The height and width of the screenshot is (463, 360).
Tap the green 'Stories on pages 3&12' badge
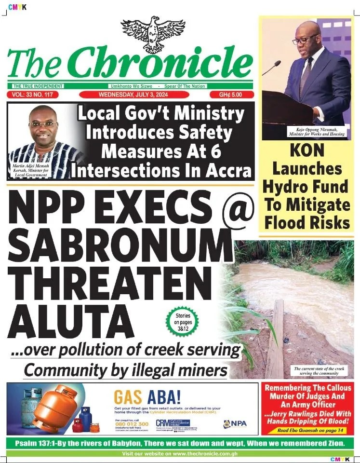point(183,321)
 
